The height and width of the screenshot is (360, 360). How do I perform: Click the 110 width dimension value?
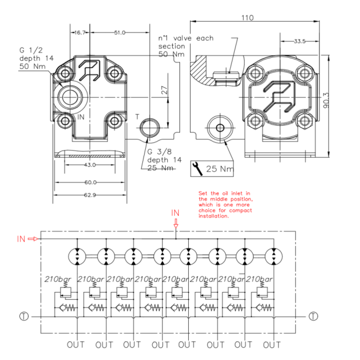[x=248, y=18]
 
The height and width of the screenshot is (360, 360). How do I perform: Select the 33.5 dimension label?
[x=300, y=41]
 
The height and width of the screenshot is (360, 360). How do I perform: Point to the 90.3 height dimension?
[x=326, y=100]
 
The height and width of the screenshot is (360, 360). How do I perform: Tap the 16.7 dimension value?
[x=80, y=33]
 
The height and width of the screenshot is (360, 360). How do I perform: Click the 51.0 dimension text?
[x=120, y=33]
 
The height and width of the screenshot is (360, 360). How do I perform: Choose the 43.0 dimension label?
[x=90, y=165]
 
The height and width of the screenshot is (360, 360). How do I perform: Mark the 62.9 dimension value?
[x=90, y=195]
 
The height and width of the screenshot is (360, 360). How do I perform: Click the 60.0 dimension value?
[x=90, y=182]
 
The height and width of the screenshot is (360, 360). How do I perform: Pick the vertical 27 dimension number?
[x=164, y=90]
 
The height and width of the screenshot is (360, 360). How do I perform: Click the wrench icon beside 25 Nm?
[x=197, y=169]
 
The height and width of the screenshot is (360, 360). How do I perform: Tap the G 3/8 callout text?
[x=160, y=152]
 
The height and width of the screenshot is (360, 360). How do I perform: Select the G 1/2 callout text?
[x=31, y=50]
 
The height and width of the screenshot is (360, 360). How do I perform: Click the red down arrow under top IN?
[x=176, y=224]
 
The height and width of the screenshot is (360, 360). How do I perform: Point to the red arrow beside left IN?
[x=33, y=239]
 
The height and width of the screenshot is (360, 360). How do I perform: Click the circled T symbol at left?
[x=24, y=317]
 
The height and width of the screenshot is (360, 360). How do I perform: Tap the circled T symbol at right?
[x=313, y=316]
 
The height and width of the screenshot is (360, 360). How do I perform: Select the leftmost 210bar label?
[x=58, y=279]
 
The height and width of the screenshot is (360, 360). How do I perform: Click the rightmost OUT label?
[x=272, y=345]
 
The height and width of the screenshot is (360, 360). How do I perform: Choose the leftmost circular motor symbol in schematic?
[x=77, y=256]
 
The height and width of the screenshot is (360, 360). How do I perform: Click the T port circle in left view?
[x=150, y=127]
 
